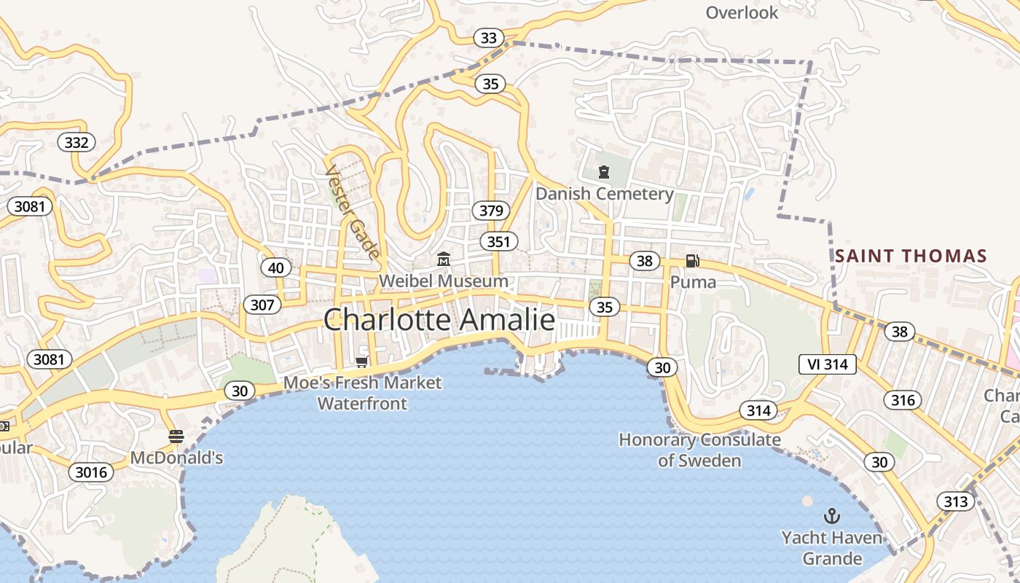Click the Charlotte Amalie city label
pyautogui.click(x=439, y=320)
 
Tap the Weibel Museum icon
pyautogui.click(x=443, y=259)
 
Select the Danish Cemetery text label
pyautogui.click(x=605, y=194)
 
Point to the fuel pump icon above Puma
pyautogui.click(x=692, y=260)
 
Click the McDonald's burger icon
pyautogui.click(x=176, y=437)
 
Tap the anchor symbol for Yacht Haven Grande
pyautogui.click(x=831, y=517)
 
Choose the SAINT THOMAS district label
pyautogui.click(x=911, y=256)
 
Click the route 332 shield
pyautogui.click(x=76, y=142)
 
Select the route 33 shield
pyautogui.click(x=489, y=38)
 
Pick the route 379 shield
pyautogui.click(x=492, y=211)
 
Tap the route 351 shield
pyautogui.click(x=498, y=241)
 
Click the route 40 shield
pyautogui.click(x=276, y=268)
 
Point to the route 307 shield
pyautogui.click(x=262, y=304)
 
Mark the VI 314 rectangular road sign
pyautogui.click(x=828, y=364)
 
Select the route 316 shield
pyautogui.click(x=903, y=399)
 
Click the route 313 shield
pyautogui.click(x=955, y=501)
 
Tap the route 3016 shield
pyautogui.click(x=92, y=472)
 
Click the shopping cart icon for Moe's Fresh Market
pyautogui.click(x=361, y=362)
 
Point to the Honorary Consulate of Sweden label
pyautogui.click(x=699, y=450)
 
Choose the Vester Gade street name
pyautogui.click(x=353, y=212)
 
